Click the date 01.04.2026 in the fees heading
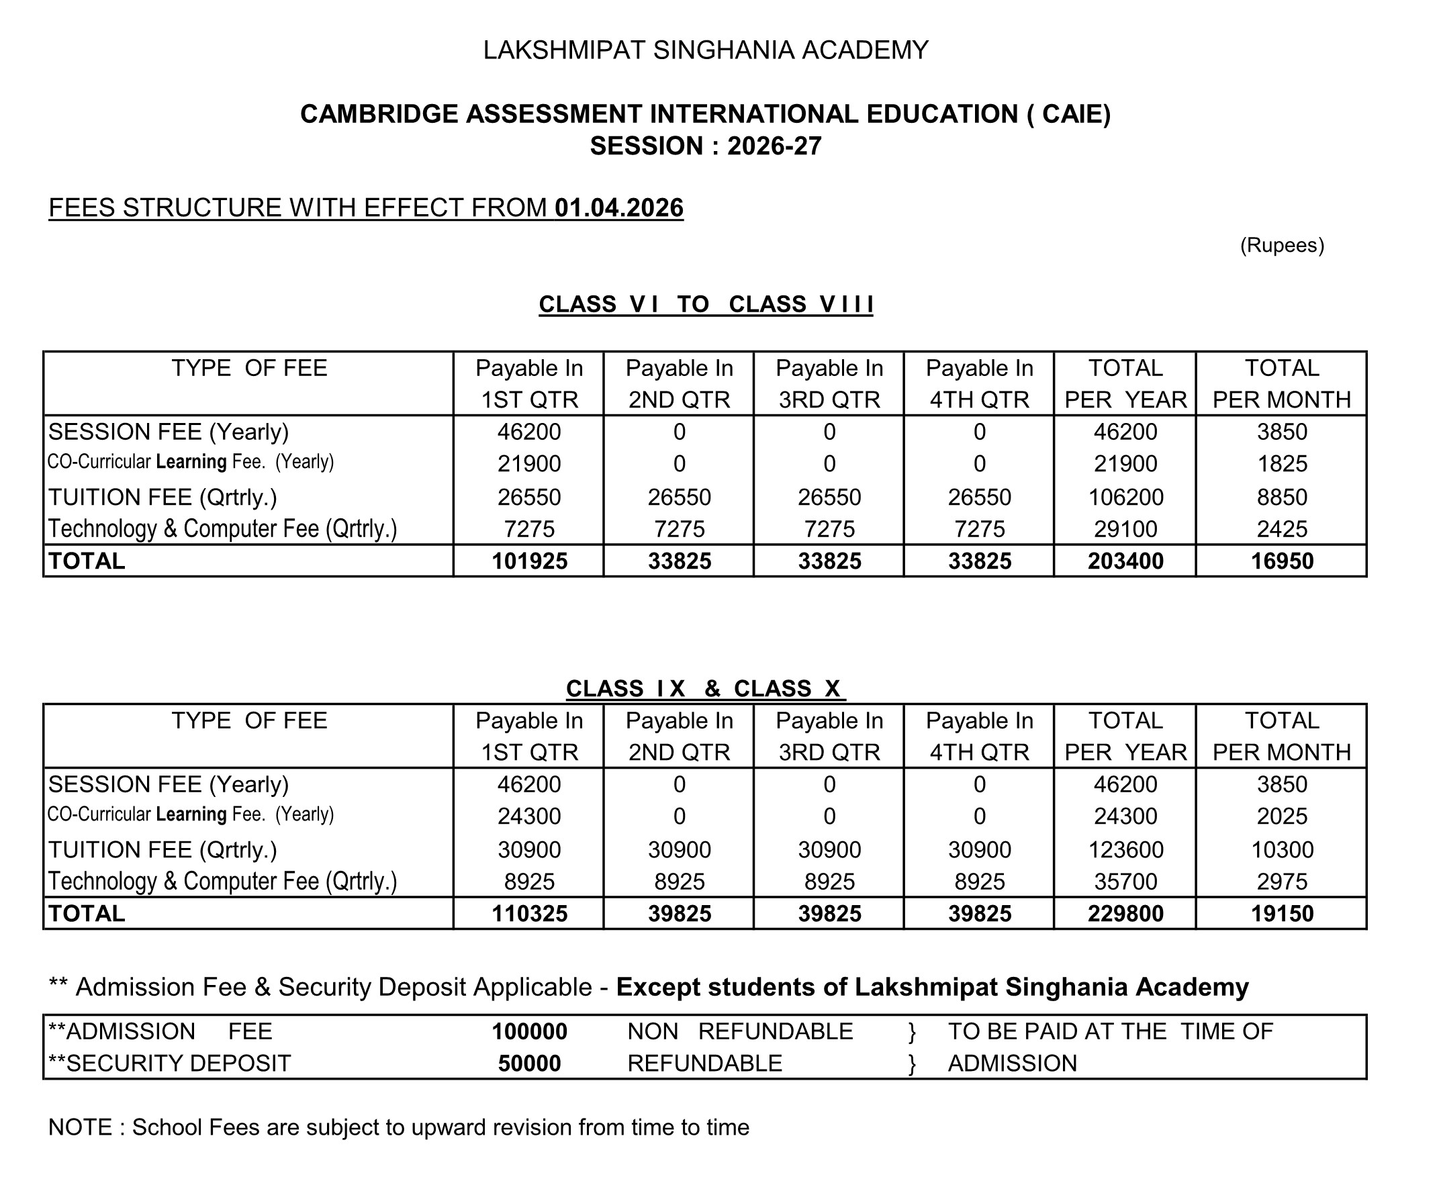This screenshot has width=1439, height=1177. point(618,208)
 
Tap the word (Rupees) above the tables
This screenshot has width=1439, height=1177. point(1282,245)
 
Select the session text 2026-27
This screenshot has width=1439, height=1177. point(774,146)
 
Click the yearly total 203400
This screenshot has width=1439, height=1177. point(1125,561)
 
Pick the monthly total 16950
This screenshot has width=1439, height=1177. point(1282,561)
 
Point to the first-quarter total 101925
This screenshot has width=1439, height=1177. point(529,561)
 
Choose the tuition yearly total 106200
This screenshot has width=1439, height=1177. point(1125,498)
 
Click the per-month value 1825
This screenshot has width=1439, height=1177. point(1282,464)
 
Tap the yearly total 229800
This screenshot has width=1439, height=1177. point(1125,914)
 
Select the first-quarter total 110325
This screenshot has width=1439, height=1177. point(529,914)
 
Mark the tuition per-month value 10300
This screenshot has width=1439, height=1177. point(1282,850)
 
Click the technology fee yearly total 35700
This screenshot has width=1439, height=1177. point(1125,882)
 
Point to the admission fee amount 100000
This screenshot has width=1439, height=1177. point(529,1032)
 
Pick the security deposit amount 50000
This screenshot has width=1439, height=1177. point(529,1063)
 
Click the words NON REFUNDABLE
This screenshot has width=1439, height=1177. point(740,1032)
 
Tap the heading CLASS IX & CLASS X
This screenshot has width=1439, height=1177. point(705,689)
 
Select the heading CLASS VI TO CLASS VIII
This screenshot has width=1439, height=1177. point(705,304)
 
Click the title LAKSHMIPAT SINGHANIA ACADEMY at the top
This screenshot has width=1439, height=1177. point(705,50)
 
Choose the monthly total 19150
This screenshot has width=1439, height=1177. point(1282,914)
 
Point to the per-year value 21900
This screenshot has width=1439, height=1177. point(1125,464)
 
